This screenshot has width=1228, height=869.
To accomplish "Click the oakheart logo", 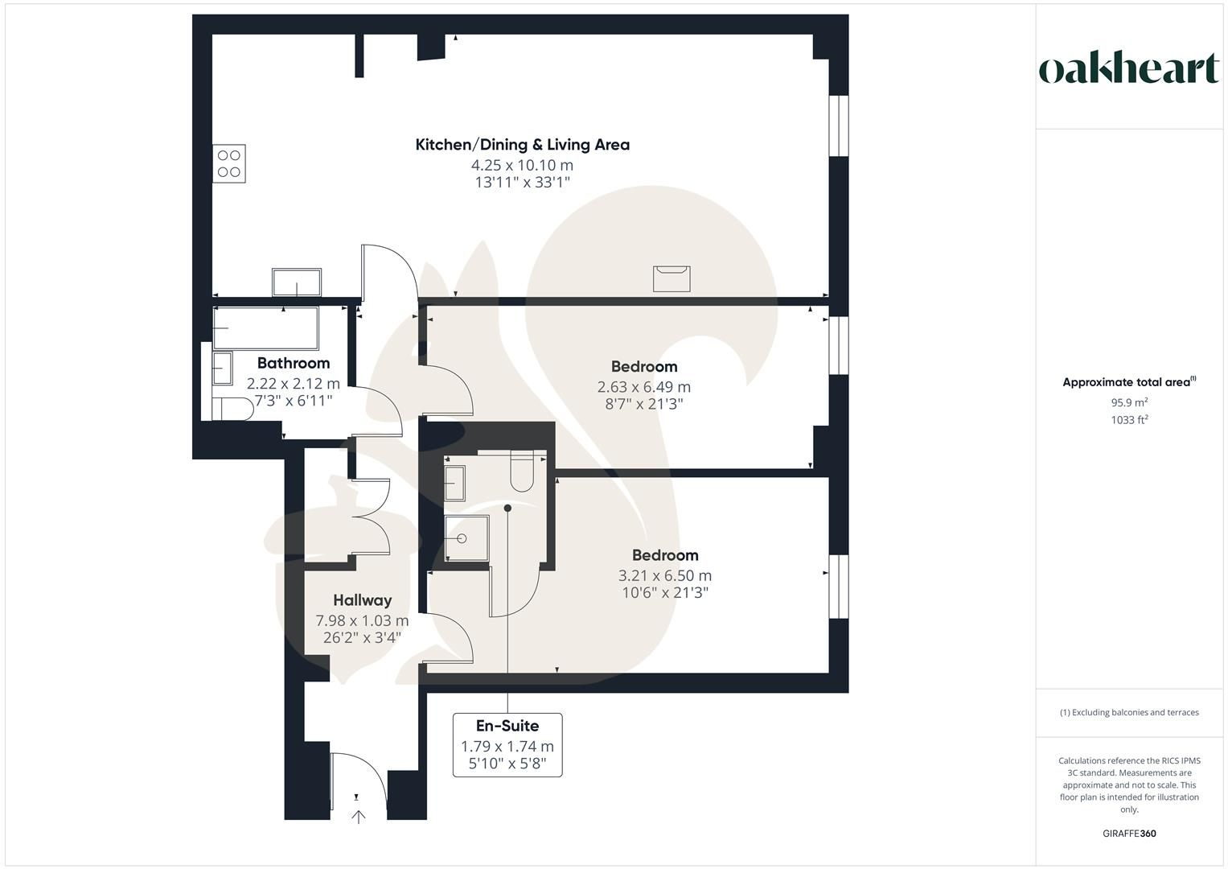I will point(1128,69).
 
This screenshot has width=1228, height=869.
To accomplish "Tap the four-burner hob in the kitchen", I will point(229,163).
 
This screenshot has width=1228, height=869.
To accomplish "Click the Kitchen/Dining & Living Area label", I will point(522,145).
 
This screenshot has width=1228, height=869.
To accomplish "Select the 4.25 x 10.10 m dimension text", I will point(522,165).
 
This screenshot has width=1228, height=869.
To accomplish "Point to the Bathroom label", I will point(294,363).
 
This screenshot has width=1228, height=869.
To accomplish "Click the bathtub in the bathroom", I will point(265,327).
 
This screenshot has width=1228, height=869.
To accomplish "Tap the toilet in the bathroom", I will point(232,409).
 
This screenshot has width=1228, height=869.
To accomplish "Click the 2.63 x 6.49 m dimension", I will point(643,386).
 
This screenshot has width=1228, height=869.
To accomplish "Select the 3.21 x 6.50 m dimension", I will point(664,575).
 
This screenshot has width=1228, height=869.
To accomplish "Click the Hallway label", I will point(362,600).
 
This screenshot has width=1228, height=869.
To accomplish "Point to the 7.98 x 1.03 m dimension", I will point(362,620).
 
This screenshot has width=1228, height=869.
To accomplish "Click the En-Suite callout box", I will point(507,744).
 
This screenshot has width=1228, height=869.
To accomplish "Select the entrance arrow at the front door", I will point(358,817).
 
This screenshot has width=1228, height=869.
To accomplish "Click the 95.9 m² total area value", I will point(1129,402).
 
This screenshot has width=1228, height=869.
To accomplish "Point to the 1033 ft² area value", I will point(1129,419).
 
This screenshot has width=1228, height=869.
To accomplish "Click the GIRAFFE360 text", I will point(1129,834).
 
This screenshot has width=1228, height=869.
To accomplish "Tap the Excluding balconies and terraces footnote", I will point(1129,712).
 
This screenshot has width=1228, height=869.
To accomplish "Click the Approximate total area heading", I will point(1128,382).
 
